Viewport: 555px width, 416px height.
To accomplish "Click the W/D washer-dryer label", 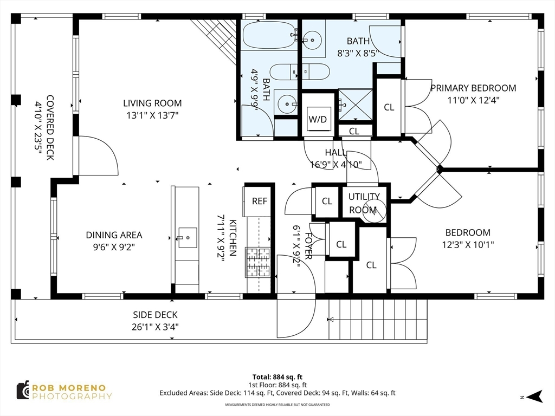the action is [318, 119].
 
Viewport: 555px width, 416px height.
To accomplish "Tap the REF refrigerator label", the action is [260, 201].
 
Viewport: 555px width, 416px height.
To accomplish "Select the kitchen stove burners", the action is [258, 262].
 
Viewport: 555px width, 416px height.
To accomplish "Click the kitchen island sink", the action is [187, 237].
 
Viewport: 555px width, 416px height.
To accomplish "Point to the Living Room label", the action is [152, 103].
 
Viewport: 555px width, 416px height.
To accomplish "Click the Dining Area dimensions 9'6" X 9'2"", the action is [114, 246].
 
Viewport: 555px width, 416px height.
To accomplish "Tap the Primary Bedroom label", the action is [473, 88].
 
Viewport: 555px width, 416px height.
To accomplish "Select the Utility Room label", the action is [364, 203].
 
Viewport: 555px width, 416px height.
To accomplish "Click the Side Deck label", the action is [155, 315].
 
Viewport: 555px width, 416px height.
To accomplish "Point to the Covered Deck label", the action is [50, 127].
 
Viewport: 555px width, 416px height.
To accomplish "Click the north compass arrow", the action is [534, 396].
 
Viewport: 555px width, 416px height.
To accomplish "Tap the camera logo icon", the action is [23, 391].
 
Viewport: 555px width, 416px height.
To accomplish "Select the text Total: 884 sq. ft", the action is [277, 377].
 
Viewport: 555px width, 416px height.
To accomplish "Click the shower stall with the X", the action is [356, 105].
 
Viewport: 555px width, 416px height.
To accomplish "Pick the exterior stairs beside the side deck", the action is [378, 320].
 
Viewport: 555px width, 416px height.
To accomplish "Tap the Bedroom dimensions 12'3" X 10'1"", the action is [468, 244].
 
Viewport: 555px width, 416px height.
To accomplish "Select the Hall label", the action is [335, 152].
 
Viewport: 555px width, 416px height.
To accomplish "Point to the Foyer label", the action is [308, 246].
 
